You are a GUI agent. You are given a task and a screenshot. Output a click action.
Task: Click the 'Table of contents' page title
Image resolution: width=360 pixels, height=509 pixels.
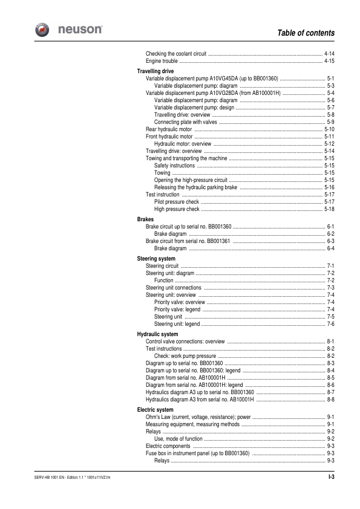coord(306,32)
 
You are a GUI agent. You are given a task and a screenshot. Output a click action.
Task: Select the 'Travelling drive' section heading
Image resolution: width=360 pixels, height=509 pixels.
coord(157,71)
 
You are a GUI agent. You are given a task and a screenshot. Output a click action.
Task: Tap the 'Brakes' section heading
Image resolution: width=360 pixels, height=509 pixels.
coord(146,219)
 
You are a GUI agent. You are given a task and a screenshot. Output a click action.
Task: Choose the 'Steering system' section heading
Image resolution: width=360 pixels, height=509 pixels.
coord(156,259)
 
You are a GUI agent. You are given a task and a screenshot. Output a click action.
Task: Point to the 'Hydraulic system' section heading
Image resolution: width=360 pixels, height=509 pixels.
coord(157,334)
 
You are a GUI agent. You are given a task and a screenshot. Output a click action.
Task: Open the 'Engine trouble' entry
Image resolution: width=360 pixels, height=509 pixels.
coord(162,61)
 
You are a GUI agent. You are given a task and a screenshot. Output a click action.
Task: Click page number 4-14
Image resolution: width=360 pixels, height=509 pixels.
coord(330,54)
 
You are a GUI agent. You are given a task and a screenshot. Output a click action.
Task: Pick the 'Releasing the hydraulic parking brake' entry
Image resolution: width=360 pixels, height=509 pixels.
coord(195,187)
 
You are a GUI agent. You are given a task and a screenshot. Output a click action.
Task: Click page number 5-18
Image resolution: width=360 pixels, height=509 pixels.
coord(330,209)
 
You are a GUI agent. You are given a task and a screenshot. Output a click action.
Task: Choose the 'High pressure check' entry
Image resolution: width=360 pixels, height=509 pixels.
coord(177,209)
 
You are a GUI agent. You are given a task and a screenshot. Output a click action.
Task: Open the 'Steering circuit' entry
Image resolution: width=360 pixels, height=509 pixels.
coord(162,266)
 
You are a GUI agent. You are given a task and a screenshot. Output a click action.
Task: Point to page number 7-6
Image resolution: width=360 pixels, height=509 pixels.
coord(331,324)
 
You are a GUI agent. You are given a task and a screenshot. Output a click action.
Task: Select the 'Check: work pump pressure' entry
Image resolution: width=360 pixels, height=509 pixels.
coord(185,356)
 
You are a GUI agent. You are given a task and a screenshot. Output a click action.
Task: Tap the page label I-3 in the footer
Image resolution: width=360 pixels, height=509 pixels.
coord(331,478)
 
